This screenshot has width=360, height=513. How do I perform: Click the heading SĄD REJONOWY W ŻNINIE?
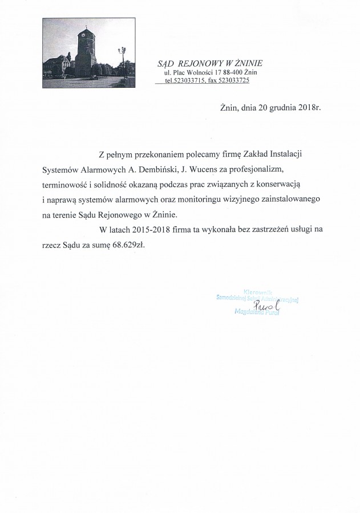pos(211,62)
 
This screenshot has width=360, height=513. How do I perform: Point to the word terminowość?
pos(67,185)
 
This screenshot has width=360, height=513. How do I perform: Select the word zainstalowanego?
pos(293,200)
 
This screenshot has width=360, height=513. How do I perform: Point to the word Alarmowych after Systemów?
pos(104,170)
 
